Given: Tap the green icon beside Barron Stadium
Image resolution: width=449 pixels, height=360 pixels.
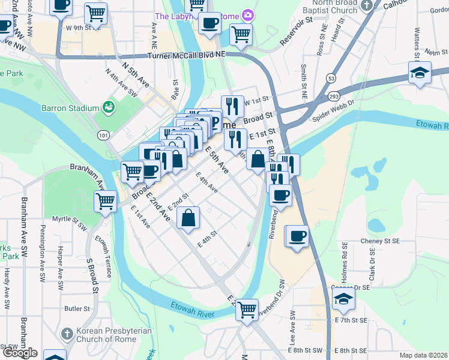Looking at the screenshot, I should pos(109,107).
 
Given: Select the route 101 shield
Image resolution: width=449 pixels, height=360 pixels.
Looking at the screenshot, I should pos(104,136).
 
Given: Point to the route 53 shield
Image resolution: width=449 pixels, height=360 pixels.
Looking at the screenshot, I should pos(331,78).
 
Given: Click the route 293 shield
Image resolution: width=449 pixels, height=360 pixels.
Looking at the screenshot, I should pos(334,96).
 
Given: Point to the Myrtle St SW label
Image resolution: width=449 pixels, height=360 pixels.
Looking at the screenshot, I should pos(70,219).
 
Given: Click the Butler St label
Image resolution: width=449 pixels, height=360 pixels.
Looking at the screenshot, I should pos(76,308).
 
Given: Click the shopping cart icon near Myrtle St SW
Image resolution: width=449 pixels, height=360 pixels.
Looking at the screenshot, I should pos(106,201).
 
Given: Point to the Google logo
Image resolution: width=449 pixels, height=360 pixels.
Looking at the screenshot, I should pos(19,353).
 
